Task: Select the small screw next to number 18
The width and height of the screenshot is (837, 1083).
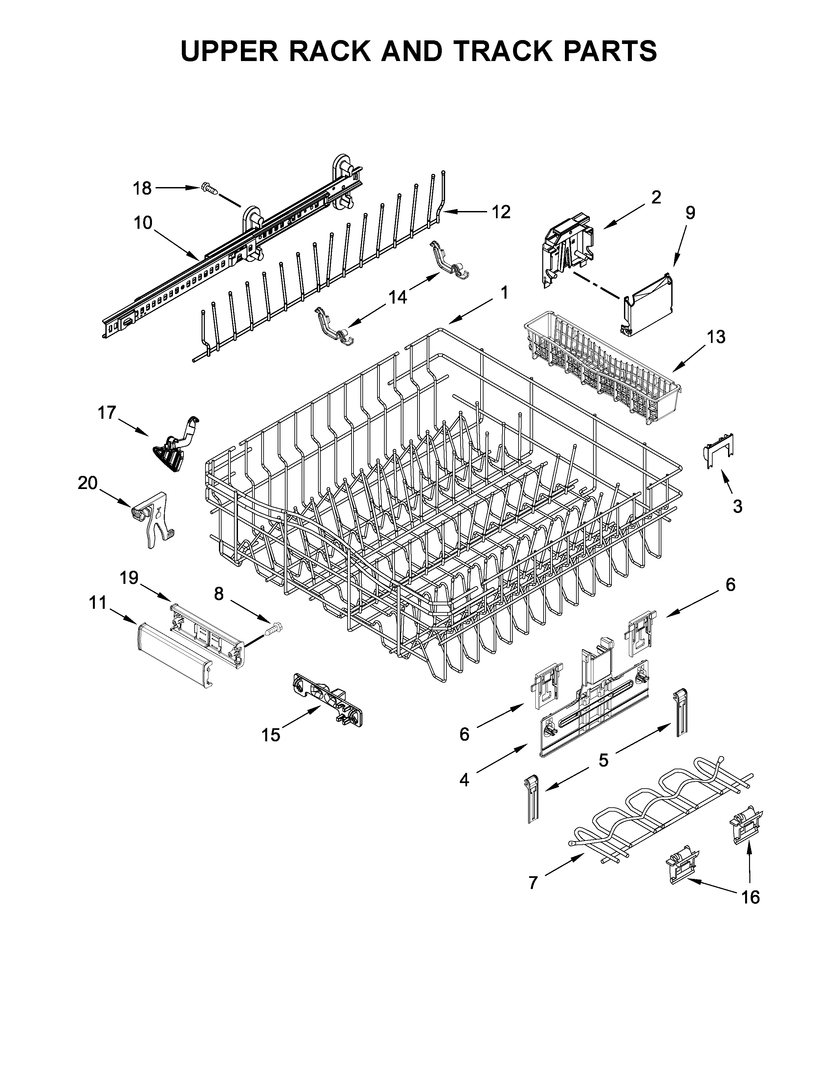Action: pyautogui.click(x=210, y=188)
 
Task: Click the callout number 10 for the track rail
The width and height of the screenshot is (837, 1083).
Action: pyautogui.click(x=142, y=223)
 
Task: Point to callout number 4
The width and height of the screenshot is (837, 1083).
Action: pyautogui.click(x=463, y=780)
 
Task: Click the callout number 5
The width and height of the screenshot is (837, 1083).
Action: pyautogui.click(x=603, y=760)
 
